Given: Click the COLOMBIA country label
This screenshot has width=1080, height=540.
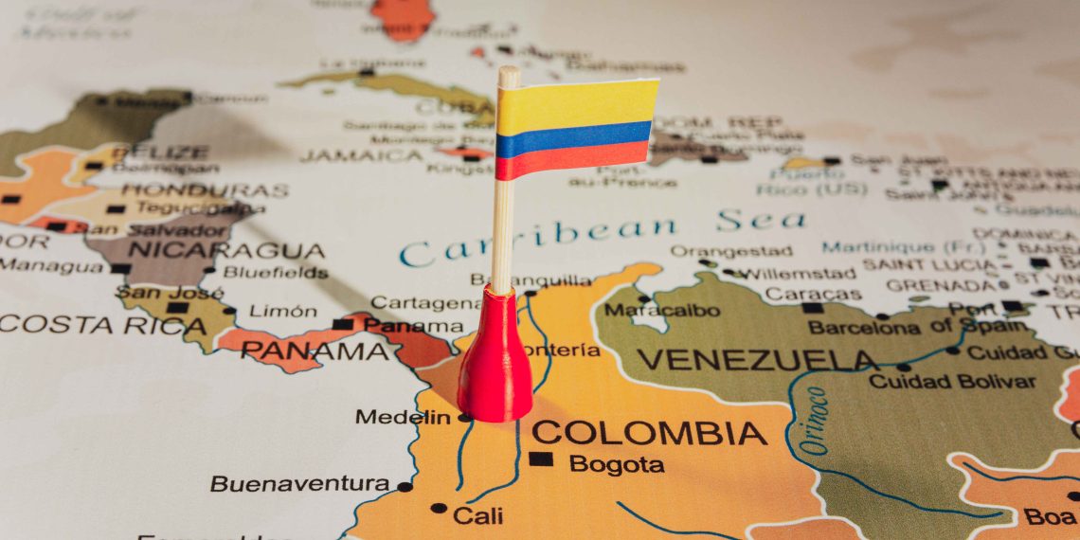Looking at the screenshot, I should (648, 433).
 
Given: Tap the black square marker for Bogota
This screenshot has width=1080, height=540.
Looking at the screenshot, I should (540, 459).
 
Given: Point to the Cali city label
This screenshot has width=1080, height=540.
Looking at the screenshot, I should (477, 515).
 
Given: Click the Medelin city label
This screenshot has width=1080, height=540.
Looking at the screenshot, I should (403, 417).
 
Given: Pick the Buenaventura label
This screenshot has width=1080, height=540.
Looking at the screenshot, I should (299, 484).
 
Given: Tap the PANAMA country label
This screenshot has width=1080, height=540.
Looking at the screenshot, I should (314, 351).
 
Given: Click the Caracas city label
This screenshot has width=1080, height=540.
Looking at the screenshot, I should (800, 293).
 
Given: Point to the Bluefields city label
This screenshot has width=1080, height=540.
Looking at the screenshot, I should (275, 273).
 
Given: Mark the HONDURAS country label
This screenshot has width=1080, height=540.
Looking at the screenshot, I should (205, 190).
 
